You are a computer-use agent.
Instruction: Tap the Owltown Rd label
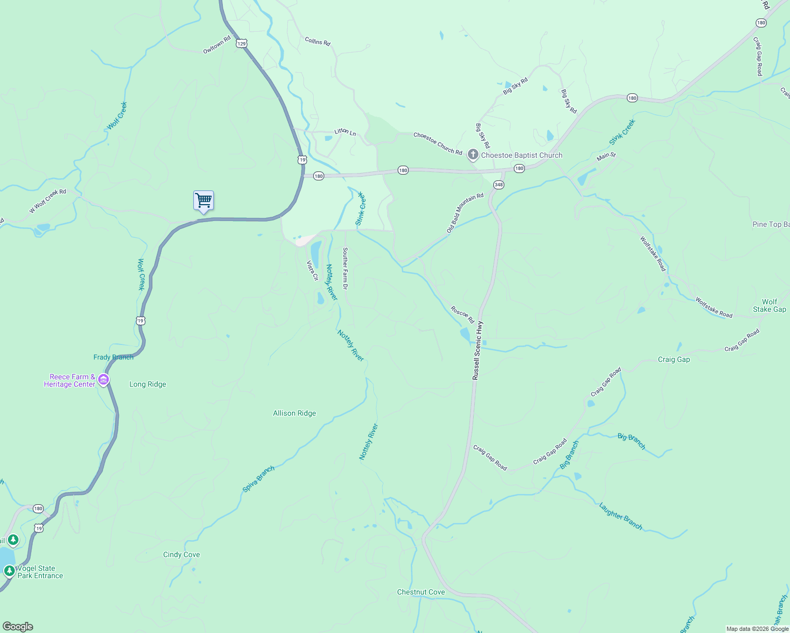(x=217, y=45)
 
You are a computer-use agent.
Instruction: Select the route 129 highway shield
(x=242, y=44)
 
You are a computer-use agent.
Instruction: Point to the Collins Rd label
(x=317, y=41)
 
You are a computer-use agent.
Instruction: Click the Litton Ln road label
(x=345, y=132)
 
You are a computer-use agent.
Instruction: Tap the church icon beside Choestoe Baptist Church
(x=473, y=155)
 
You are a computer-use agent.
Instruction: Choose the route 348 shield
(x=499, y=185)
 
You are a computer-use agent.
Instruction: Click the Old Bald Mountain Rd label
(x=465, y=213)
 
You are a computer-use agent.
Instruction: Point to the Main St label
(x=606, y=157)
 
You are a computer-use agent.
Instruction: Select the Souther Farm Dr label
(x=345, y=268)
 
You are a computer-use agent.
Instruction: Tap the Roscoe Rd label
(x=462, y=314)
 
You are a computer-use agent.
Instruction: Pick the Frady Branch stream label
(x=114, y=357)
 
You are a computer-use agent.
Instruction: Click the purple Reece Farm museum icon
(x=104, y=380)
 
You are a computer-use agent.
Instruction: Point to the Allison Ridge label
(x=294, y=413)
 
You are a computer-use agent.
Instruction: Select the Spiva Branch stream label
(x=258, y=479)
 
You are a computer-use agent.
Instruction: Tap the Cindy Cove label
(x=181, y=554)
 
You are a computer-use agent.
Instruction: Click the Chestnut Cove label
(x=421, y=592)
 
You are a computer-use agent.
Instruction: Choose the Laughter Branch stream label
(x=620, y=516)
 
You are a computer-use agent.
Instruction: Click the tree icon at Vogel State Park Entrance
(x=9, y=571)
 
